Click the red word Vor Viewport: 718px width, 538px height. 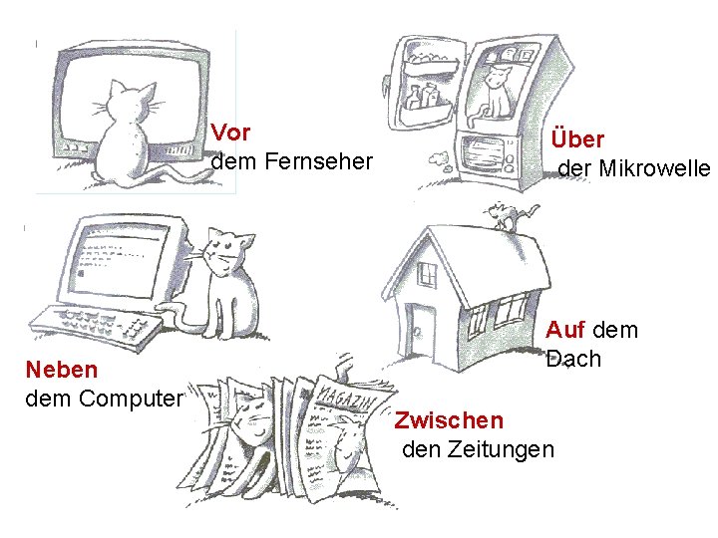[231, 132]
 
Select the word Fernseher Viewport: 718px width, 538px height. [317, 160]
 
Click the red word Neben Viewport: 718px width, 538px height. [62, 370]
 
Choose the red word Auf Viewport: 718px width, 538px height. [565, 330]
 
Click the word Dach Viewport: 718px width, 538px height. [573, 359]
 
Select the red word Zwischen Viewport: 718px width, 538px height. [449, 419]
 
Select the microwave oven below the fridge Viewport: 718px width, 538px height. [487, 154]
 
